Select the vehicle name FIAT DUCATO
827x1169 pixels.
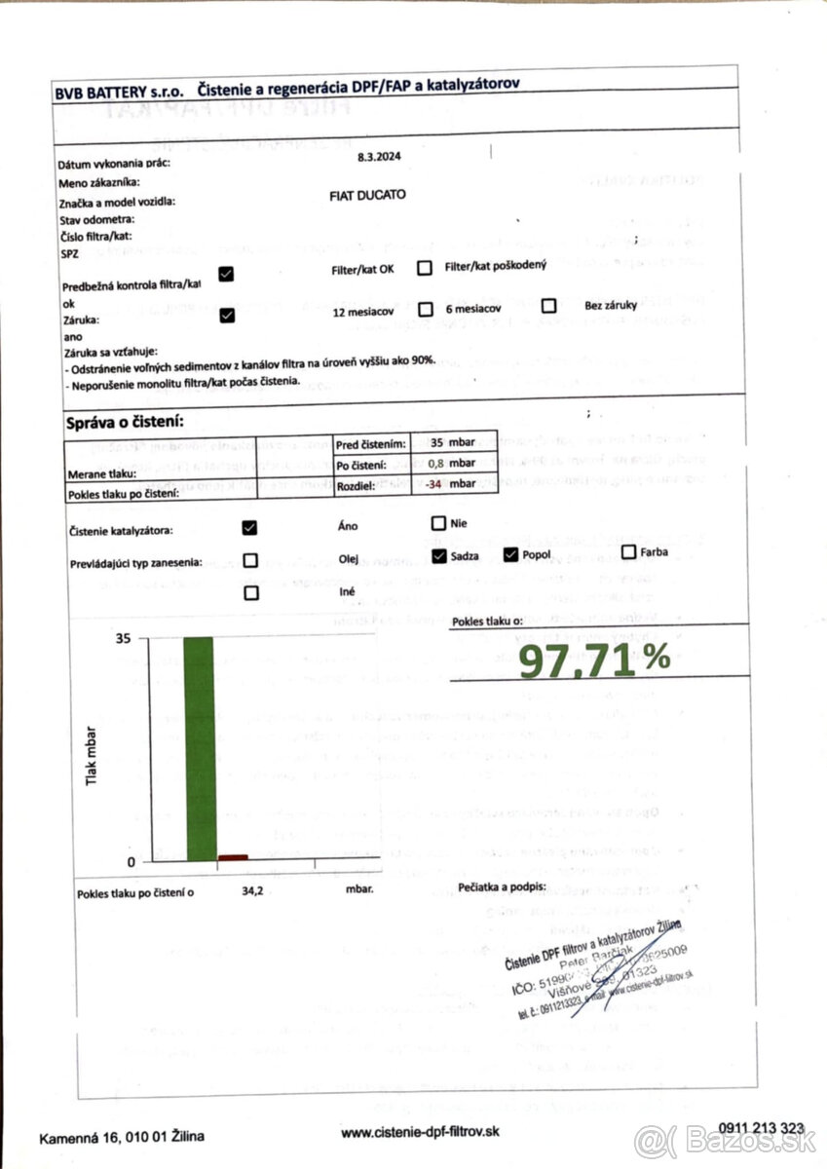click(368, 195)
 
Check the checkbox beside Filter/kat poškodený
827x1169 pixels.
click(425, 268)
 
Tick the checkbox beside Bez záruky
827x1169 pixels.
click(549, 306)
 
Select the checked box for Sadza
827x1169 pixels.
click(438, 555)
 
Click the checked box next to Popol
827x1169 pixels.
click(511, 555)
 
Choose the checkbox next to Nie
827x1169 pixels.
click(438, 524)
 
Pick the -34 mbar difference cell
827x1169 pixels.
click(452, 483)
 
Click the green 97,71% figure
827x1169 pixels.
click(593, 661)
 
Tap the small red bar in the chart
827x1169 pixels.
click(233, 857)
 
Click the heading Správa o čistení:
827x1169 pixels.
click(125, 423)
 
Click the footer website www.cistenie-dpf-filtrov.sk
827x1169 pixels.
click(420, 1132)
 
